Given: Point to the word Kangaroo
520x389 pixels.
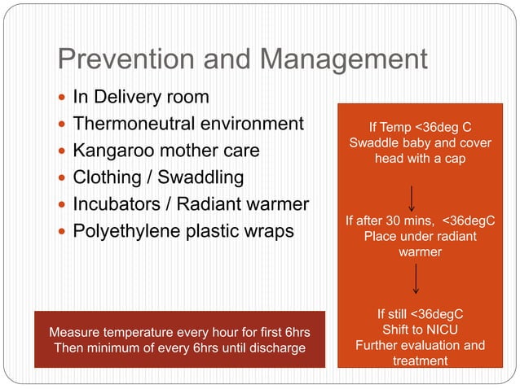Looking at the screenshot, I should [109, 151].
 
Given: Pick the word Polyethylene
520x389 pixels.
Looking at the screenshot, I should [121, 230].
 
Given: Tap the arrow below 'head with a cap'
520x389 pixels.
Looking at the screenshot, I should [416, 197].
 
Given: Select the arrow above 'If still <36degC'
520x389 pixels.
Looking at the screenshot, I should [416, 279].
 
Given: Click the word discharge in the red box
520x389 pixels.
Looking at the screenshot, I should [275, 348].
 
